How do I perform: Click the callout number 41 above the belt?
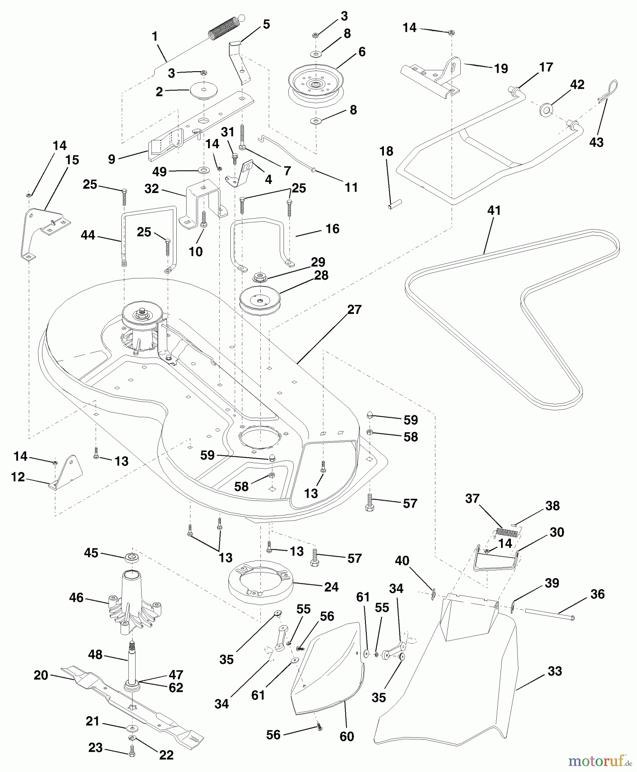(494, 211)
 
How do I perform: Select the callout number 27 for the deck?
(354, 310)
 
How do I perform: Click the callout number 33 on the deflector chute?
(555, 671)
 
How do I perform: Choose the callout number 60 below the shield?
(347, 736)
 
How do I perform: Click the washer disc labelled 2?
(204, 90)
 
